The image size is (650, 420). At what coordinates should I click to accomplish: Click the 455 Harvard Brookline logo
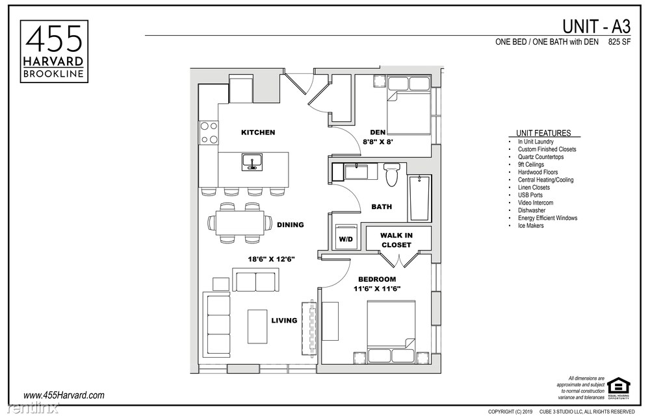point(54,51)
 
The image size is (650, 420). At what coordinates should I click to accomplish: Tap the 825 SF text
point(620,43)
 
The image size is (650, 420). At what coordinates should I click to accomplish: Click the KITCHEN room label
point(258,132)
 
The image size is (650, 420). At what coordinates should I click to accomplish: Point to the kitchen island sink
point(252,161)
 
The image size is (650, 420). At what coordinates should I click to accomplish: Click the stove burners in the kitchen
point(209,132)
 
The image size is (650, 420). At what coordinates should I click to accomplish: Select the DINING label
point(290,225)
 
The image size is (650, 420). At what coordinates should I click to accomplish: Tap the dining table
point(239,223)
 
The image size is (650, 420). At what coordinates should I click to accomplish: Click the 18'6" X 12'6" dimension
point(271,259)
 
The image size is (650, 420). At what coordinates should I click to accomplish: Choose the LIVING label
point(284,320)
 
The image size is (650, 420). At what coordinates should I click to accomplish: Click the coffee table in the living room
point(257,326)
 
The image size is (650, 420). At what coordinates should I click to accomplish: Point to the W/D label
point(345,239)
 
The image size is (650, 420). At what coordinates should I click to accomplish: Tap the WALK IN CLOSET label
point(396,240)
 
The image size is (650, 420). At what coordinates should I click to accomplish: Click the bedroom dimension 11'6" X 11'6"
point(376,288)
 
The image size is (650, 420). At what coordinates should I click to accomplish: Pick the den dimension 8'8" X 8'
point(378,140)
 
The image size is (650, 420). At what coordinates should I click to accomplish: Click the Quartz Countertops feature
point(540,156)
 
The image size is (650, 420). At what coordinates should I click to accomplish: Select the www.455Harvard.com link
point(64,395)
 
